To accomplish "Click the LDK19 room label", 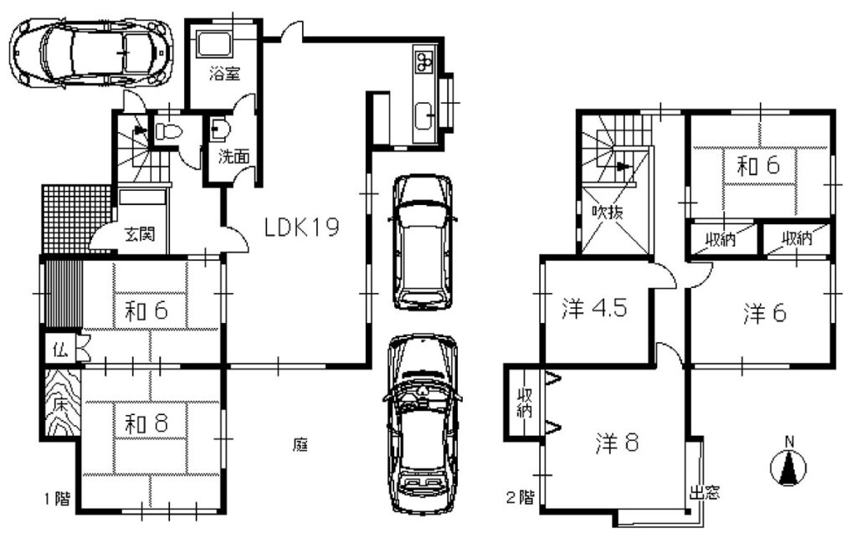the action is click(301, 226).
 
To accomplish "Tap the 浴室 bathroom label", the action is click(224, 74).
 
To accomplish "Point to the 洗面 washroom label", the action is click(234, 156).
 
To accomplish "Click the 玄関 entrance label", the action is click(140, 234).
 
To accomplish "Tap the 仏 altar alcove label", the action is click(59, 349).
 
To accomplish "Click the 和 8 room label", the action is click(146, 423).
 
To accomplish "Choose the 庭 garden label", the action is click(300, 445).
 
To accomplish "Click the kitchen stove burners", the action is click(424, 61).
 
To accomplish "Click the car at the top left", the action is click(91, 52).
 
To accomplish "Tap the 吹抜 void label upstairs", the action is click(608, 212).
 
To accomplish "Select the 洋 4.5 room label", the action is click(594, 308).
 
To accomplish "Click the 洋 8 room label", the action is click(617, 443).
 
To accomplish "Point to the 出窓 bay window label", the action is click(705, 493).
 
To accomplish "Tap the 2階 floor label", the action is click(519, 498).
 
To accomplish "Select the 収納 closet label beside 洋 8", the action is click(524, 402).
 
